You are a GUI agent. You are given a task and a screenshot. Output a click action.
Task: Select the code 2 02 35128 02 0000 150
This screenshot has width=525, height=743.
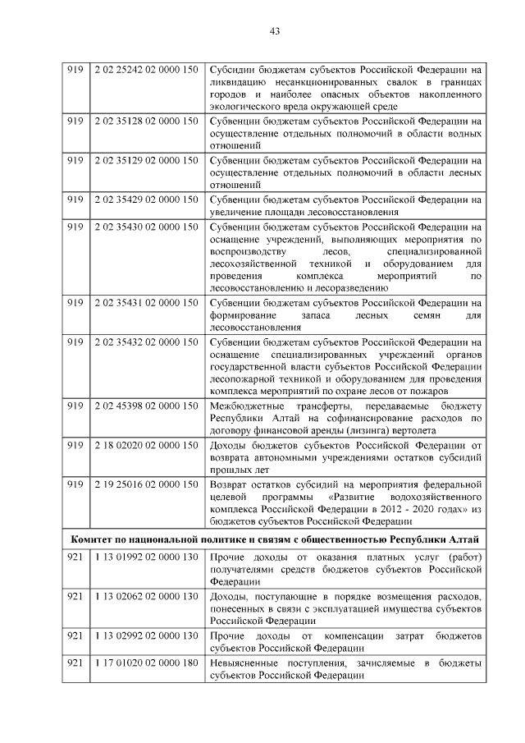tap(145, 121)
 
